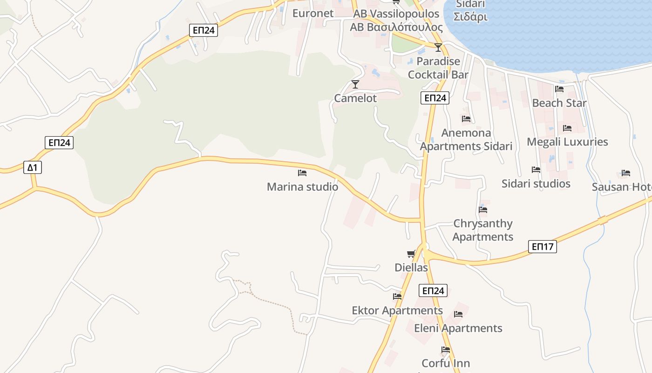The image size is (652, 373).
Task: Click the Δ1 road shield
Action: (33, 167)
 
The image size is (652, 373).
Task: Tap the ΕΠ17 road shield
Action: (543, 246)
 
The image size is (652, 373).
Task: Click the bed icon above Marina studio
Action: (302, 173)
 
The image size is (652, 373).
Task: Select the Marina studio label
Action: (302, 187)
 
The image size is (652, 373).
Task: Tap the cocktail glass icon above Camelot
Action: (355, 84)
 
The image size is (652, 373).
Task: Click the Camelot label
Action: (355, 98)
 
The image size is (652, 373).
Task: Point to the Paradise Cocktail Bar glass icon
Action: (438, 48)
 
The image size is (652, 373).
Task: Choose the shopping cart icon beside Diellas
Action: (411, 254)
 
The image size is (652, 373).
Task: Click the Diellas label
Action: (411, 268)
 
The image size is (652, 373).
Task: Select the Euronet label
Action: (313, 14)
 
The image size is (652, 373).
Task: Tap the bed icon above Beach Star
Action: (559, 89)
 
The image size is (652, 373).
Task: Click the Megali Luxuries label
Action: (567, 142)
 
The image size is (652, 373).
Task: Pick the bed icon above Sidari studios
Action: (536, 170)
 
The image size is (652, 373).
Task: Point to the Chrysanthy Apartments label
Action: (483, 230)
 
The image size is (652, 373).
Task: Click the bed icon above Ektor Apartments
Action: (397, 297)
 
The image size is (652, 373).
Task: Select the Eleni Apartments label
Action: (458, 328)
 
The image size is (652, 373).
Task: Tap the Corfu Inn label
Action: (446, 363)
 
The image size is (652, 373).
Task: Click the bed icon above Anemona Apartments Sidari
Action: (466, 119)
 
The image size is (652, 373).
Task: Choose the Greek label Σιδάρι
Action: (470, 17)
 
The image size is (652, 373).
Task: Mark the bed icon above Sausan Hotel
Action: (626, 173)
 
